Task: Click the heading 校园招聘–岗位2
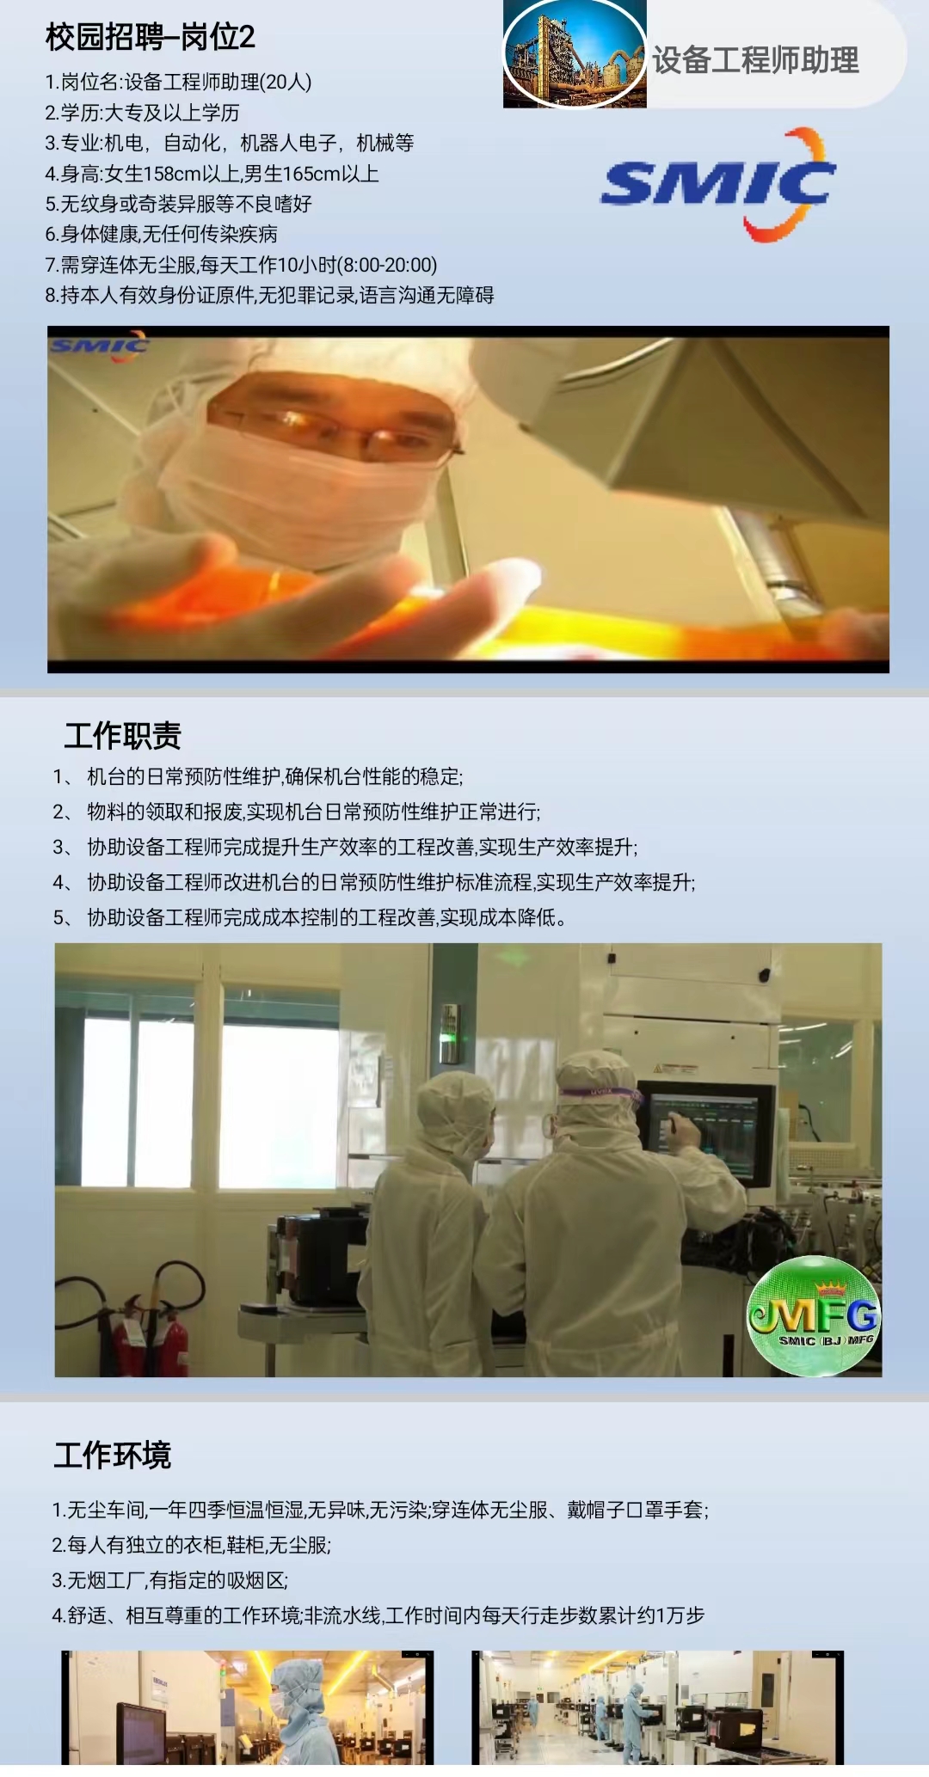(151, 37)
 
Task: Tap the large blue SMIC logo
(718, 184)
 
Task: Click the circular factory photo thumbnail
(575, 53)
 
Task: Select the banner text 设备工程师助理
(755, 60)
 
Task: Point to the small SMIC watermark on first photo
(99, 346)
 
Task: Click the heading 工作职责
(123, 736)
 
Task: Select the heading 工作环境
(113, 1455)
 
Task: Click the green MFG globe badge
(814, 1314)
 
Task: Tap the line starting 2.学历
(142, 113)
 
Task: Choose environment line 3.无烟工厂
(169, 1580)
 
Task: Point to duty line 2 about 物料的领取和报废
(297, 812)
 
